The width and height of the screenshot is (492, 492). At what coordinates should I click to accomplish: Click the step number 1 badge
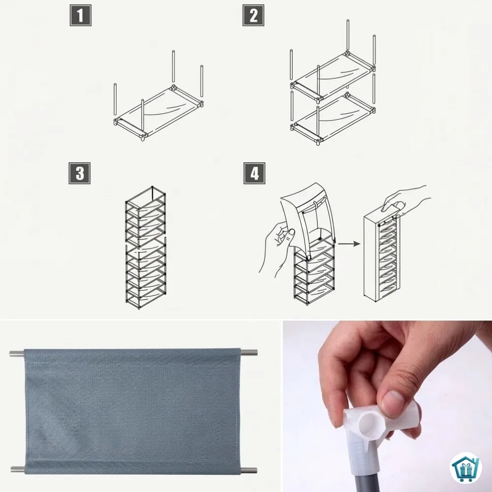(x=81, y=15)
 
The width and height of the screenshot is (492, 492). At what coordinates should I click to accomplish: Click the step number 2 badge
(x=253, y=15)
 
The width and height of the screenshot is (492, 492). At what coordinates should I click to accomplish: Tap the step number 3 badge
(x=80, y=173)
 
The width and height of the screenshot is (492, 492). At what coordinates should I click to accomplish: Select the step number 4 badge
(x=254, y=173)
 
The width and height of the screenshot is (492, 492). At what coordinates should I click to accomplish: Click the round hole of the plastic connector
(x=370, y=424)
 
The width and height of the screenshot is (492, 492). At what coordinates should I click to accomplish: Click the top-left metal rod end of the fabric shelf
(x=17, y=353)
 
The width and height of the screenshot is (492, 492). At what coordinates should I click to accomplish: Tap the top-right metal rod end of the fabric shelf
(x=249, y=352)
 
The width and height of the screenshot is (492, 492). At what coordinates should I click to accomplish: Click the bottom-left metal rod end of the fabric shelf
(x=18, y=469)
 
